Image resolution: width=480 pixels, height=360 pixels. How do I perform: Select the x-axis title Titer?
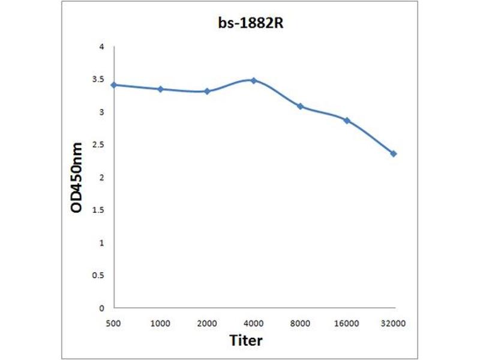pyautogui.click(x=246, y=340)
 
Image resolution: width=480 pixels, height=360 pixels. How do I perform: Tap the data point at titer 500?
pyautogui.click(x=114, y=85)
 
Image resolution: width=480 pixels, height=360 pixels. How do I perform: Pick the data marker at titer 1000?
pyautogui.click(x=160, y=89)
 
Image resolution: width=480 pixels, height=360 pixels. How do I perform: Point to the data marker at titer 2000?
pyautogui.click(x=207, y=91)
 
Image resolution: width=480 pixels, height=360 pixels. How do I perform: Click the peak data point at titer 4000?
pyautogui.click(x=254, y=80)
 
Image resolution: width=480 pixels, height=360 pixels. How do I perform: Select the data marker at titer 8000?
pyautogui.click(x=300, y=106)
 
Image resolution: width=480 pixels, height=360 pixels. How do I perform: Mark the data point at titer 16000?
pyautogui.click(x=347, y=120)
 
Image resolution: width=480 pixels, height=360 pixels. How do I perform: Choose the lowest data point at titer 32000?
pyautogui.click(x=394, y=154)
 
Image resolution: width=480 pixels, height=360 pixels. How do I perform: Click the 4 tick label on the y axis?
pyautogui.click(x=101, y=47)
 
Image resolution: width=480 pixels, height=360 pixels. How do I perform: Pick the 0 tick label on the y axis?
pyautogui.click(x=101, y=308)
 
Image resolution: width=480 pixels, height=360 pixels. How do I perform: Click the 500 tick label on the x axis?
pyautogui.click(x=114, y=323)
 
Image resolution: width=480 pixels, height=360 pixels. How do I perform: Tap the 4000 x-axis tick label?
pyautogui.click(x=254, y=323)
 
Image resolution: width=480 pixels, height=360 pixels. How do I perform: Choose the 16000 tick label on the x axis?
pyautogui.click(x=347, y=323)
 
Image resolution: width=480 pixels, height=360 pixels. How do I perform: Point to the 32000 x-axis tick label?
pyautogui.click(x=394, y=323)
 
